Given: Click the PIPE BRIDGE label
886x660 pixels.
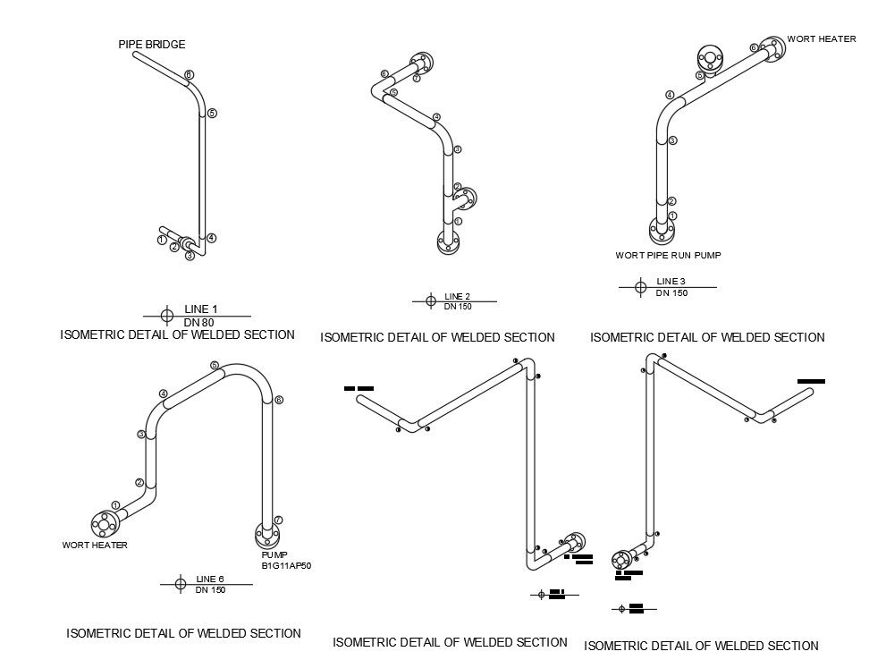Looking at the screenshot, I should [152, 44].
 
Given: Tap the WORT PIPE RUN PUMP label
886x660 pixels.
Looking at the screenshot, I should [668, 255].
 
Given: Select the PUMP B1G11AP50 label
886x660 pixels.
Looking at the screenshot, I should [285, 561].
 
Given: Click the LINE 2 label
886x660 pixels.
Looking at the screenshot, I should [457, 297].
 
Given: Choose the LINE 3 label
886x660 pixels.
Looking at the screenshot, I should [671, 283].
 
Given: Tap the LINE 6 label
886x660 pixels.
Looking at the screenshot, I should [209, 579].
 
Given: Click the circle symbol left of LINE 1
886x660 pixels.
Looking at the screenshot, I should [167, 315].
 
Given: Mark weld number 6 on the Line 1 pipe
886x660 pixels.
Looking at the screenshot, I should [189, 74].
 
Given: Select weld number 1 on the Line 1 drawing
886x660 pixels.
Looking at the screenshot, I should [162, 240].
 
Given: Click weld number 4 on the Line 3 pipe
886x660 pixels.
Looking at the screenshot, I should [670, 95].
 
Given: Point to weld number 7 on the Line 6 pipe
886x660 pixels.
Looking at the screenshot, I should [278, 520].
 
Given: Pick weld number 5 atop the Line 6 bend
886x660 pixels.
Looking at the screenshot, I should [215, 365].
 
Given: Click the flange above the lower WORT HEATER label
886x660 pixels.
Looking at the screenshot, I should [104, 523].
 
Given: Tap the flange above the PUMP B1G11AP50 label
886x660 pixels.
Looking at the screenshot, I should [266, 534].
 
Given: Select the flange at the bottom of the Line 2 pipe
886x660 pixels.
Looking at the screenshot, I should [449, 241].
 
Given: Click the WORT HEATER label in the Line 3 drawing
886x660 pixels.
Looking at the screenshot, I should [821, 39].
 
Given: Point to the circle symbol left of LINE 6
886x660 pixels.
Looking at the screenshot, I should [180, 584].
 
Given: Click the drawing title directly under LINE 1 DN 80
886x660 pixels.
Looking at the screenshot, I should [177, 334].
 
